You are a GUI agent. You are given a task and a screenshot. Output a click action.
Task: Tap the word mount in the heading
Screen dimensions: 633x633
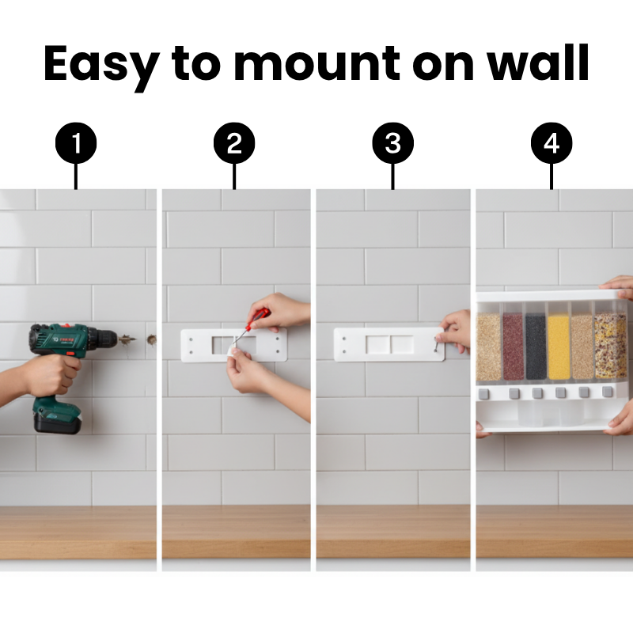click(x=317, y=64)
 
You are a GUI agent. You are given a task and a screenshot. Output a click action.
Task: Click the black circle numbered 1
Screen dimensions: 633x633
click(x=76, y=143)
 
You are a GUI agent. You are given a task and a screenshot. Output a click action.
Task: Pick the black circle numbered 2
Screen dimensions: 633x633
click(x=234, y=143)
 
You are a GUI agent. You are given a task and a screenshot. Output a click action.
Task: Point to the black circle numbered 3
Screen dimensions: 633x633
click(x=392, y=143)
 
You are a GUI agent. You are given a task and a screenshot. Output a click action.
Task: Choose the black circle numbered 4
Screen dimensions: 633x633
click(x=552, y=143)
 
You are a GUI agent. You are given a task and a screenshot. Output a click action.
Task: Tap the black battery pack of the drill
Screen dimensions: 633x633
click(x=57, y=421)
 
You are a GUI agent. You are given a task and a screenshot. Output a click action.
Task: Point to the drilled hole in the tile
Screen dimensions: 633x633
click(x=152, y=340)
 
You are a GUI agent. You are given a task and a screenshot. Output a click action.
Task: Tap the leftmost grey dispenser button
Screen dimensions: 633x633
click(x=483, y=393)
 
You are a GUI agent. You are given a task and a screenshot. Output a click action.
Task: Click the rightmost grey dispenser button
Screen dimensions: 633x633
click(x=607, y=392)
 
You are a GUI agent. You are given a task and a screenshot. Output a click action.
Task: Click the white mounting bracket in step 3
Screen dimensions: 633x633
click(x=389, y=344)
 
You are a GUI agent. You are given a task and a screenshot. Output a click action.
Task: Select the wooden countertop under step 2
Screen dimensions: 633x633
click(x=236, y=532)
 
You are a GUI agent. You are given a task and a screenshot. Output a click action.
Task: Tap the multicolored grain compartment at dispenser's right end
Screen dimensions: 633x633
click(x=610, y=346)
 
